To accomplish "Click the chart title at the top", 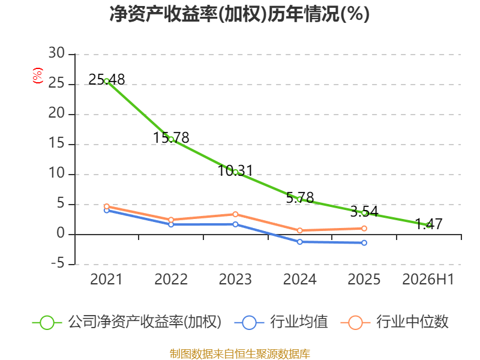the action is (x=239, y=14).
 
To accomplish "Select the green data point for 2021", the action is (x=107, y=81).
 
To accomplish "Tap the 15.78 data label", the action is (x=171, y=137).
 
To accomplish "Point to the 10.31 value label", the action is (x=235, y=170).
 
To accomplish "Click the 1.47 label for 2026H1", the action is (x=428, y=224).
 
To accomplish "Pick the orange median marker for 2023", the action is (x=235, y=214).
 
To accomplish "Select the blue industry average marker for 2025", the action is (x=364, y=243).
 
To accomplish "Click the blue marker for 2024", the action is (x=300, y=242).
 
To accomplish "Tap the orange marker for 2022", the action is (x=171, y=220).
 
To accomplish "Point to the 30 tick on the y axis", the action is (x=56, y=53).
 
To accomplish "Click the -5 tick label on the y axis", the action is (x=58, y=263).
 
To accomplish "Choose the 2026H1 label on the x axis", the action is (x=428, y=279).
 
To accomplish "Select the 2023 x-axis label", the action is (x=235, y=279).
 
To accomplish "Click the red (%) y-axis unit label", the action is (x=38, y=76).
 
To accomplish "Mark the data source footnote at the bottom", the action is (x=239, y=354).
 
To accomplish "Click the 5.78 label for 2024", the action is (x=300, y=197).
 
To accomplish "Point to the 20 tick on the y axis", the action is (x=56, y=113).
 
